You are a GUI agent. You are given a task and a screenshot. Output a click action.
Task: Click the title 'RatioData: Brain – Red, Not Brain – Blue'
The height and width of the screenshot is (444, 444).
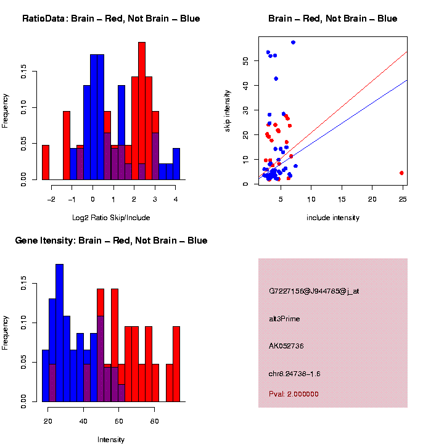click(111, 18)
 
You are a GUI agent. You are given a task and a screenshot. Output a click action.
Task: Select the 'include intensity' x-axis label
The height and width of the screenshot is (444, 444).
click(332, 217)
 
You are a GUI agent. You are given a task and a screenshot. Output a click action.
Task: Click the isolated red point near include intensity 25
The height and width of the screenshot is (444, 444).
click(401, 173)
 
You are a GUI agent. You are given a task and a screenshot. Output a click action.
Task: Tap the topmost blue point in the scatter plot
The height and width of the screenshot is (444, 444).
click(293, 43)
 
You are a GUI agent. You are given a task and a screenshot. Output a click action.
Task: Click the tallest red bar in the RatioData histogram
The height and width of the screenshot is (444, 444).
click(142, 111)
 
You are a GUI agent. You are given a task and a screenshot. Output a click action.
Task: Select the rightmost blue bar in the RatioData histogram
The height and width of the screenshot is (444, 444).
click(176, 164)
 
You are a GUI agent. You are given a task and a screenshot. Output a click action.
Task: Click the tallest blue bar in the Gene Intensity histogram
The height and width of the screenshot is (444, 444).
click(59, 333)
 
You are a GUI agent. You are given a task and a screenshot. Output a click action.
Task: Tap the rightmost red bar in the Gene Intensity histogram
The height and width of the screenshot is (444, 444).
click(176, 364)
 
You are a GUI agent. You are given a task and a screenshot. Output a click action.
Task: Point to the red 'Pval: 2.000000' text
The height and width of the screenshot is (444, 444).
click(294, 393)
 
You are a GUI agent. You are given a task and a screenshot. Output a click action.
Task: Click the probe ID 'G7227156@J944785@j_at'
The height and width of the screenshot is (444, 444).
click(314, 291)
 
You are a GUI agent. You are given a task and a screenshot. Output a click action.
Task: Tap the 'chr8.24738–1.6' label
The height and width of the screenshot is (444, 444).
click(295, 374)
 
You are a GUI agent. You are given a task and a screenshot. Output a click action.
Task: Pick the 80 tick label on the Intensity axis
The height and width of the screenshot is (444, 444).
click(155, 421)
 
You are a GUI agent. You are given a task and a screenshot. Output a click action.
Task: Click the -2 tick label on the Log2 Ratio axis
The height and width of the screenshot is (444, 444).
click(51, 199)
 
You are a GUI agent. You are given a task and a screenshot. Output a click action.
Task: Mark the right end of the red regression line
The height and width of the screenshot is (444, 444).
click(407, 52)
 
